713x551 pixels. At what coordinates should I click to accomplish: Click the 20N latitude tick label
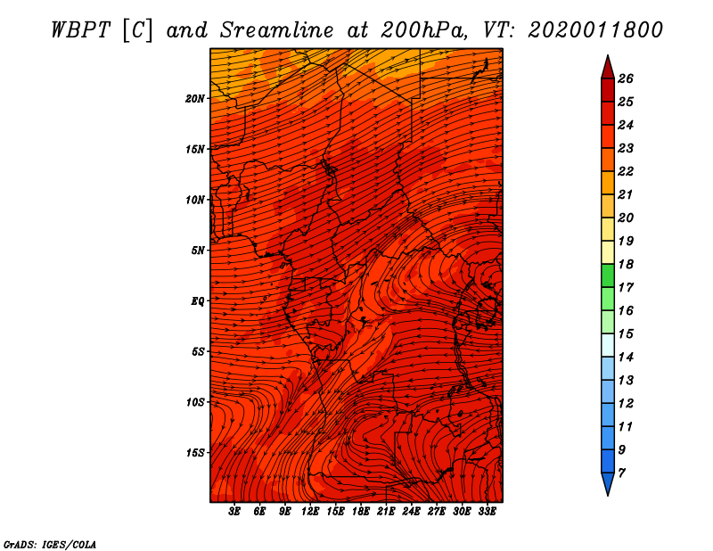pyautogui.click(x=194, y=99)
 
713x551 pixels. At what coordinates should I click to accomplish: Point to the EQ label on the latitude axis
pyautogui.click(x=198, y=301)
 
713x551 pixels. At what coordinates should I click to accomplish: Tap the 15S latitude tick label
pyautogui.click(x=195, y=453)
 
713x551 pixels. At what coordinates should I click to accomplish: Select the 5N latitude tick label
pyautogui.click(x=198, y=251)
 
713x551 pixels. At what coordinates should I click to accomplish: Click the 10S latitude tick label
pyautogui.click(x=195, y=402)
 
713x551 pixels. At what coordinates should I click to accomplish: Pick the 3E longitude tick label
pyautogui.click(x=234, y=512)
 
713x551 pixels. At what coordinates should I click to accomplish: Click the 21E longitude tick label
pyautogui.click(x=386, y=512)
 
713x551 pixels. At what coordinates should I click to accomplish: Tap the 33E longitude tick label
pyautogui.click(x=487, y=512)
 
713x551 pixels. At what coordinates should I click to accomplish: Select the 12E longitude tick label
pyautogui.click(x=309, y=512)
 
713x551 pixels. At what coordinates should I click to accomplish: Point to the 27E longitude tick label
pyautogui.click(x=437, y=512)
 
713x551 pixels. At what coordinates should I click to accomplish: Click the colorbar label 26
pyautogui.click(x=626, y=78)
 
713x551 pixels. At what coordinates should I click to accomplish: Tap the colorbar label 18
pyautogui.click(x=626, y=264)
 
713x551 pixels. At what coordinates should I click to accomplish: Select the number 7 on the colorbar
pyautogui.click(x=621, y=473)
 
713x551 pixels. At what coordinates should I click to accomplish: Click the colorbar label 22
pyautogui.click(x=626, y=171)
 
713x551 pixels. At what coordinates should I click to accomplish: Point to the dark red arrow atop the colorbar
pyautogui.click(x=608, y=68)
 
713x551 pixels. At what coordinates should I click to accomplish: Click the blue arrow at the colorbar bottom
pyautogui.click(x=608, y=484)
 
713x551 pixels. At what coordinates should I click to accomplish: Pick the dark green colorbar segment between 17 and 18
pyautogui.click(x=608, y=275)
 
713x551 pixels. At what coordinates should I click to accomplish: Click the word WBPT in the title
pyautogui.click(x=80, y=31)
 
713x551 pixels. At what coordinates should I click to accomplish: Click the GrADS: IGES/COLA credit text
pyautogui.click(x=50, y=545)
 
